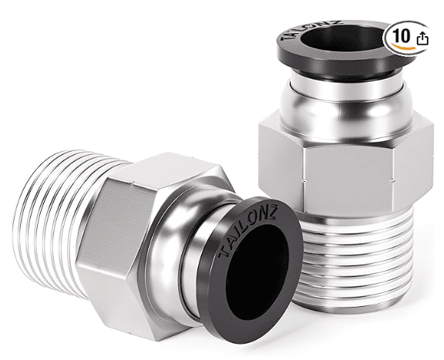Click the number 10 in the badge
(401, 35)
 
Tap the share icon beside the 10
(422, 38)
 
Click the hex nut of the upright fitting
(346, 164)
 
